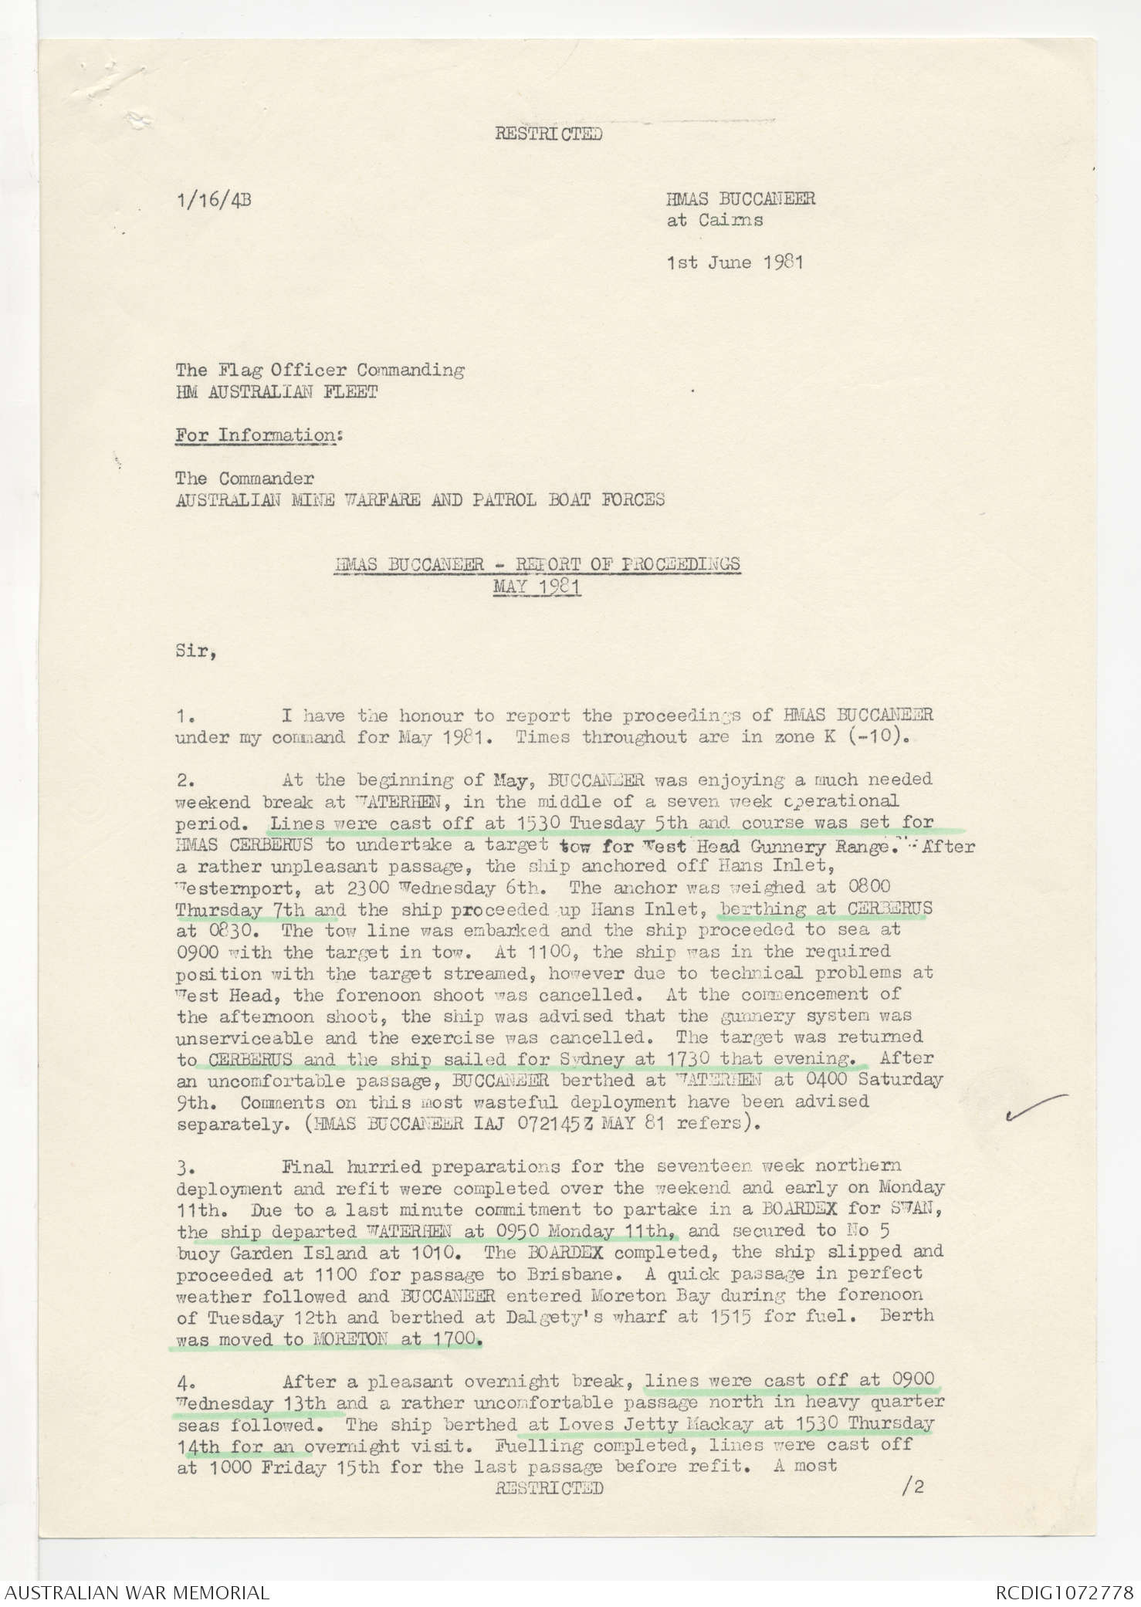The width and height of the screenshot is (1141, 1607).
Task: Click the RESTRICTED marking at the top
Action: pyautogui.click(x=548, y=134)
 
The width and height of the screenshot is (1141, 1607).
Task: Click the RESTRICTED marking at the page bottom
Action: pyautogui.click(x=548, y=1487)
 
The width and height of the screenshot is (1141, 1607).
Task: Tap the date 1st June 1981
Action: pyautogui.click(x=735, y=262)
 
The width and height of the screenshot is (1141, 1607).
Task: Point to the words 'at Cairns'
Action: pyautogui.click(x=715, y=220)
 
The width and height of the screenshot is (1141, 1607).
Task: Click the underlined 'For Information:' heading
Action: pyautogui.click(x=259, y=435)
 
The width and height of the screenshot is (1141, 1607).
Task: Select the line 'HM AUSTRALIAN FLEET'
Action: pyautogui.click(x=276, y=392)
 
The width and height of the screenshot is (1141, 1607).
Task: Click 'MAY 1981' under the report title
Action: pyautogui.click(x=537, y=587)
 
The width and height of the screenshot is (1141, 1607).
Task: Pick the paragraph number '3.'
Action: pyautogui.click(x=185, y=1165)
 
